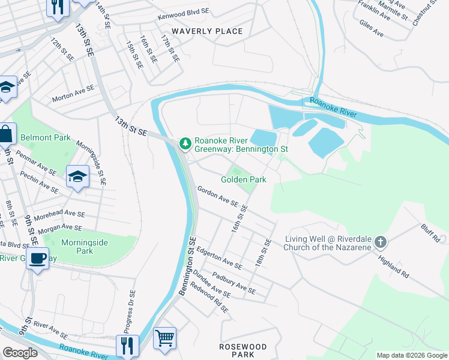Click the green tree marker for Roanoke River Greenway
click(185, 143)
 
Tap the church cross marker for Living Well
click(379, 243)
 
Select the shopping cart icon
click(164, 337)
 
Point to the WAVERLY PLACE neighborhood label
click(207, 31)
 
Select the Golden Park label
click(243, 179)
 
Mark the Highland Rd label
click(393, 266)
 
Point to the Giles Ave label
click(370, 28)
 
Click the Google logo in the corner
click(20, 353)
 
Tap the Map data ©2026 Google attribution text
click(411, 355)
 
